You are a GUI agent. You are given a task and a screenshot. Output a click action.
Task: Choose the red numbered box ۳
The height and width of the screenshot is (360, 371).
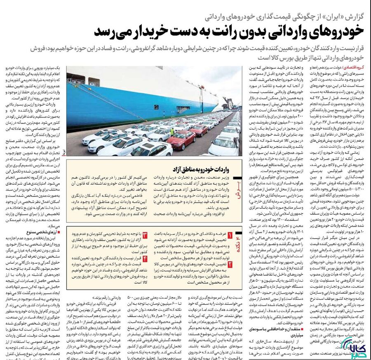coord(145,235)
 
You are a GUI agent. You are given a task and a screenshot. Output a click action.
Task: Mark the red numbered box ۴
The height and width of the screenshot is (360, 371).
coord(145,258)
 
